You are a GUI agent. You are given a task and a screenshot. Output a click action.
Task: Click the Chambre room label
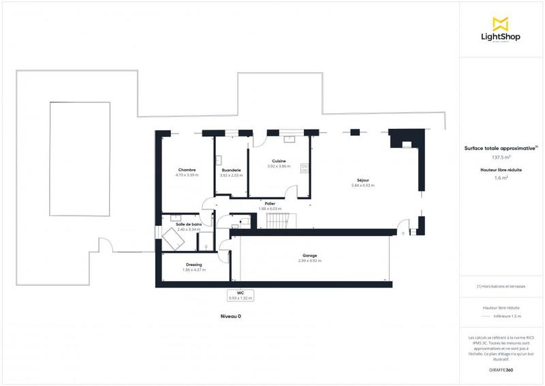click(x=187, y=170)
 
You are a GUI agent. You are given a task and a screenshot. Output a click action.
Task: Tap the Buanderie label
click(x=232, y=170)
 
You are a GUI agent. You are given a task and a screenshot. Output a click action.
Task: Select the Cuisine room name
click(x=278, y=161)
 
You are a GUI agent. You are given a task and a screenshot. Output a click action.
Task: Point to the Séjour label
click(x=363, y=181)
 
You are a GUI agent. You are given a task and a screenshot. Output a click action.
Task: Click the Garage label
click(x=310, y=256)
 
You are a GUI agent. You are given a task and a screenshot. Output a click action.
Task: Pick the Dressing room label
click(x=194, y=265)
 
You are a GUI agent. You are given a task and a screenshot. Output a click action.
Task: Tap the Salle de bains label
click(x=188, y=224)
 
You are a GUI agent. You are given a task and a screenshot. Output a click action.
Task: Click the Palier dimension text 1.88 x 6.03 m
click(x=270, y=208)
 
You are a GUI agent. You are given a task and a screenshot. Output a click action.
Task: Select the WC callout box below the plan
click(x=240, y=295)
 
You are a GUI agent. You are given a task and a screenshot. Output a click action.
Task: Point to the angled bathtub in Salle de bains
click(x=170, y=239)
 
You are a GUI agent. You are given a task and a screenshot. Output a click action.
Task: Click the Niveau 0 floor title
click(x=230, y=316)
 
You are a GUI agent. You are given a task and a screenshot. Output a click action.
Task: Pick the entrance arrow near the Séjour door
click(x=403, y=233)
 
